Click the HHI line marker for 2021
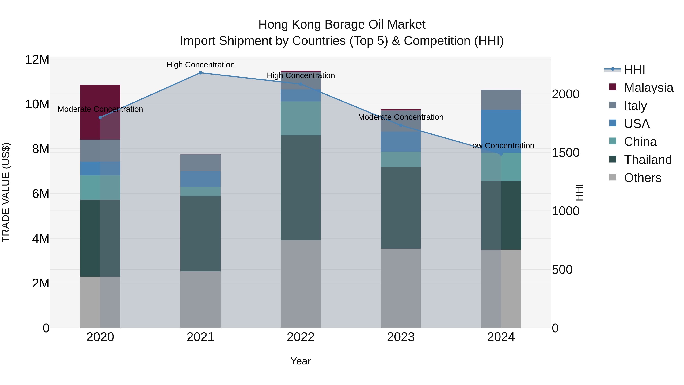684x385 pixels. tap(200, 73)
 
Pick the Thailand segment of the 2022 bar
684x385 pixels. tap(301, 188)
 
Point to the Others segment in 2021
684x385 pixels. tap(200, 299)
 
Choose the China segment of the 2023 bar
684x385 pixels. tap(401, 160)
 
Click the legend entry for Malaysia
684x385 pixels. tap(648, 88)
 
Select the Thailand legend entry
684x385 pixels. tap(648, 160)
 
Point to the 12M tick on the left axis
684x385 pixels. tap(37, 59)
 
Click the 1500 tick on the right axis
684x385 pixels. tap(566, 153)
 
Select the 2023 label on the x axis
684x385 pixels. tap(401, 337)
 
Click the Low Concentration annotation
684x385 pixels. tap(501, 146)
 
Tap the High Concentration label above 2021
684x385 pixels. tap(200, 65)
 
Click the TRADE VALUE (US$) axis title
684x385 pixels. tap(6, 192)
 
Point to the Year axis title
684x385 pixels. tap(301, 361)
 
